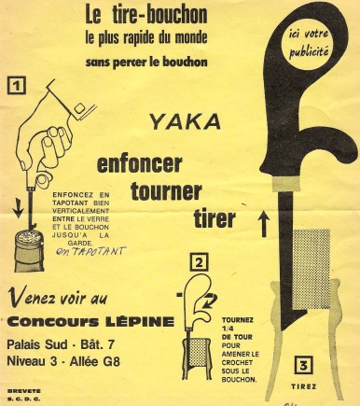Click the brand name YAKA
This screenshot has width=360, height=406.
pos(186,121)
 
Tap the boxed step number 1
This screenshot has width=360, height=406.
pos(17,86)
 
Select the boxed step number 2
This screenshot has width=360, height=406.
pos(199,263)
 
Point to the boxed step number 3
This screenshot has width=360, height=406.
pos(303,366)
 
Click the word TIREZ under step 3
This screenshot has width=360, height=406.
pos(304,386)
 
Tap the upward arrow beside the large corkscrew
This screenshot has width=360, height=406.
pos(264,223)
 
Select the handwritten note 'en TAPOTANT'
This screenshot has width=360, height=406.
pos(91,251)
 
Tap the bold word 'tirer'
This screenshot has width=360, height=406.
pos(215,218)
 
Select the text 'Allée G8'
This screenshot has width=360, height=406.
pos(95,361)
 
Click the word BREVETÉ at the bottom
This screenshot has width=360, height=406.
pos(23,390)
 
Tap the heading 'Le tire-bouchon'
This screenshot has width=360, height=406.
pos(146,16)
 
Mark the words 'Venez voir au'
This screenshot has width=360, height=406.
pos(58,297)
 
